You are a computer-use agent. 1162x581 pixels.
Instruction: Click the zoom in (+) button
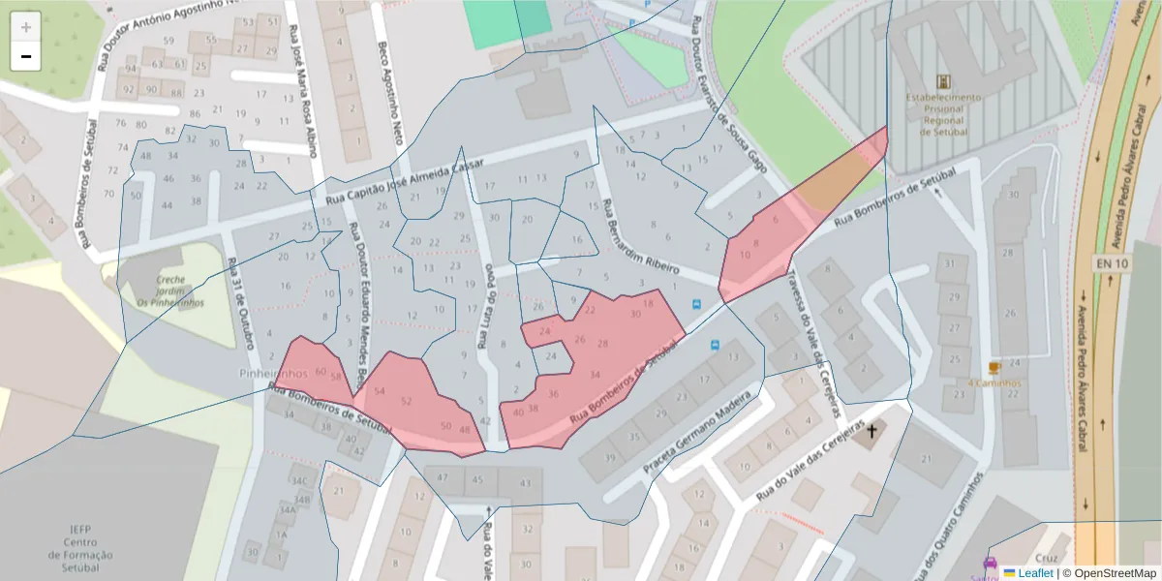pos(26,27)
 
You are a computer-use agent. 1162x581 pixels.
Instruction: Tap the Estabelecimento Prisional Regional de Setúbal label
pos(944,117)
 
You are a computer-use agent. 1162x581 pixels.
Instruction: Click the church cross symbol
pos(871,430)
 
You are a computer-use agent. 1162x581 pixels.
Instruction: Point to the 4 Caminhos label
pos(994,382)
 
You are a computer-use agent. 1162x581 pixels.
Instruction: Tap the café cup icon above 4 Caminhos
pos(994,367)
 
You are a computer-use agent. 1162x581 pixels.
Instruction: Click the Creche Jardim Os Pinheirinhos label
pos(170,290)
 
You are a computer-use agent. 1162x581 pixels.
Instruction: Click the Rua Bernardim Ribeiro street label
pos(642,237)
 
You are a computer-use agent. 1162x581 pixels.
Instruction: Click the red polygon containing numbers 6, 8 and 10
pos(765,247)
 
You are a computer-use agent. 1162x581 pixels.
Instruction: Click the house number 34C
pos(299,481)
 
